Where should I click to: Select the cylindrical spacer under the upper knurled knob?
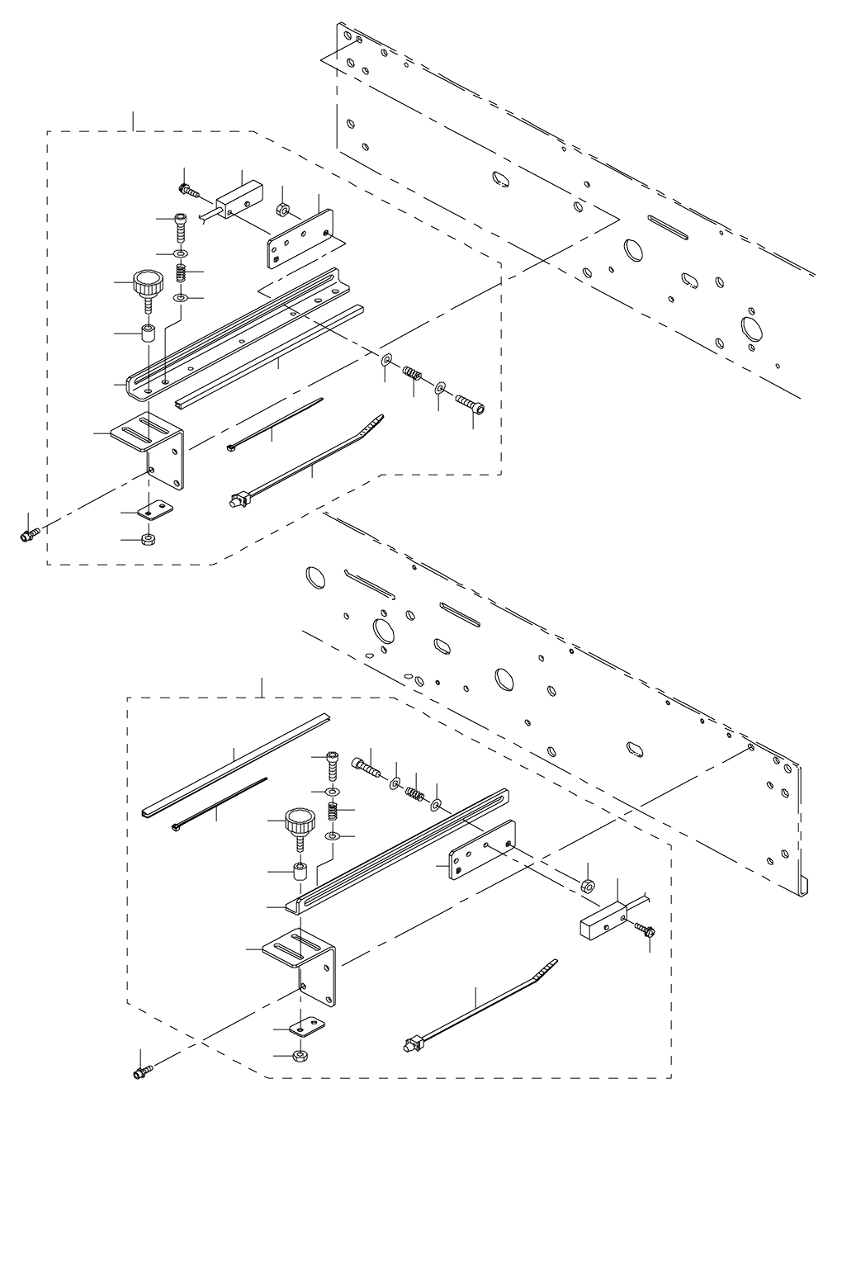(149, 335)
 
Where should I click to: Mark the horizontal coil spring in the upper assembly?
(413, 377)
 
